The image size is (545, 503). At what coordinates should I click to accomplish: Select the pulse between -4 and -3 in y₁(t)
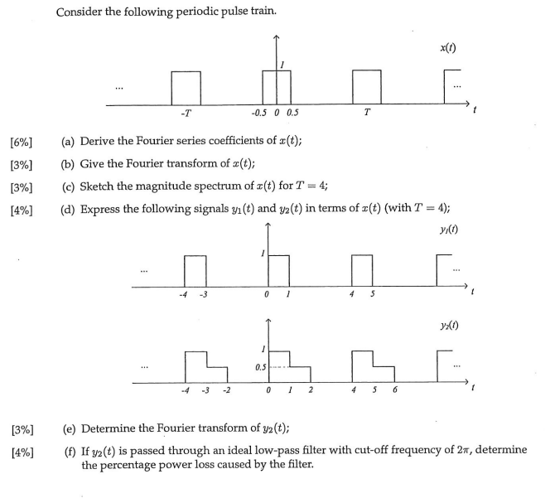[195, 270]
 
